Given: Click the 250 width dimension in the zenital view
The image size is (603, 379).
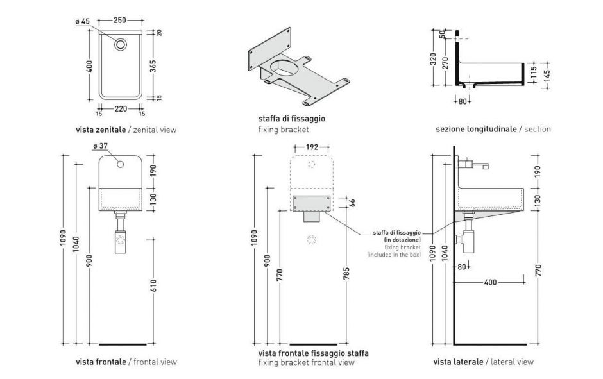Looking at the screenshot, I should pos(119,21).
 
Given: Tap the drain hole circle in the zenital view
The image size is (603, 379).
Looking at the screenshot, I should pos(120,45).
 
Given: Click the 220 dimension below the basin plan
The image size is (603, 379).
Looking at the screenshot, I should pos(119,108).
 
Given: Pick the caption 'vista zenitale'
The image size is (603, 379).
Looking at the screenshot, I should pos(101,130).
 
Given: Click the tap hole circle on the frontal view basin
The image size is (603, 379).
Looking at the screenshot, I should pos(121,165).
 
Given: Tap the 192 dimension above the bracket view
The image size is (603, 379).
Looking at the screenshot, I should pos(312,147).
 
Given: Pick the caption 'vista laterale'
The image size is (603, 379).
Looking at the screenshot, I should pos(458,362).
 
